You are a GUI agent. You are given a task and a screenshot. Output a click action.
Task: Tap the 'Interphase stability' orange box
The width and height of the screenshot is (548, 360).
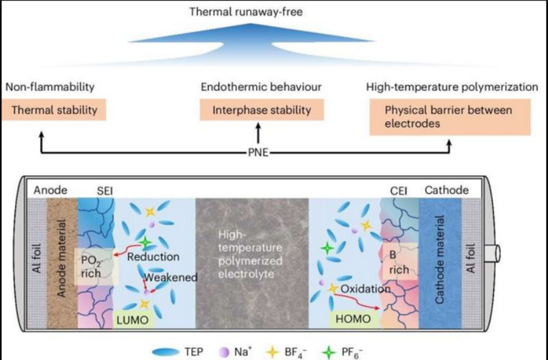261,110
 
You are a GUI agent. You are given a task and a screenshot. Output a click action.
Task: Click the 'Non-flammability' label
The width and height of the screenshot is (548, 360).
49,88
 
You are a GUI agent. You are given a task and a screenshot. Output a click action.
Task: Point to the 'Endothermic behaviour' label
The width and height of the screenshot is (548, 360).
261,88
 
